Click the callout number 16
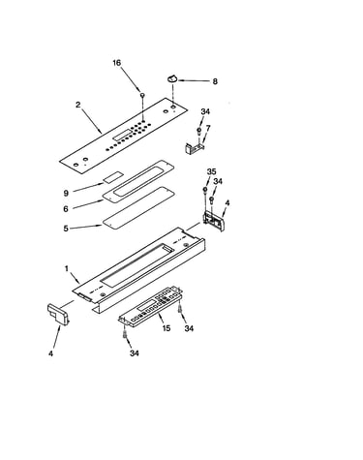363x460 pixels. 117,63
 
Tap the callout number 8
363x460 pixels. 215,81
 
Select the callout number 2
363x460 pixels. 78,105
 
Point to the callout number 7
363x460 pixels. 208,129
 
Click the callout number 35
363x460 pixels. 211,171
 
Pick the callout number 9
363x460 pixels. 66,193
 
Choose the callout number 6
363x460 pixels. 66,209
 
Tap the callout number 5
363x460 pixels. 66,229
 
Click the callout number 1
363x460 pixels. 67,268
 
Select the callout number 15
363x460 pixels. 166,328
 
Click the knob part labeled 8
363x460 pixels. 172,78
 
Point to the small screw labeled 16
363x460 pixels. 142,95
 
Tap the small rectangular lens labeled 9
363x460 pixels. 113,177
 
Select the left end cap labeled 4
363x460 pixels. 58,314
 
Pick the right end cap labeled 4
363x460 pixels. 214,221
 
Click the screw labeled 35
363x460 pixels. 204,190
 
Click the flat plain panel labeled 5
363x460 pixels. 138,207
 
